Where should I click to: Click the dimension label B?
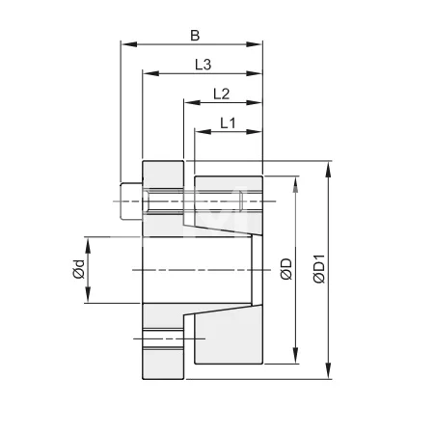point(194,36)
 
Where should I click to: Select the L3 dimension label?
point(203,65)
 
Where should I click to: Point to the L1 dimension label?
point(228,122)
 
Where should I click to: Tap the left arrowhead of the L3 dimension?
point(148,72)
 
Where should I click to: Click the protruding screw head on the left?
point(130,203)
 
